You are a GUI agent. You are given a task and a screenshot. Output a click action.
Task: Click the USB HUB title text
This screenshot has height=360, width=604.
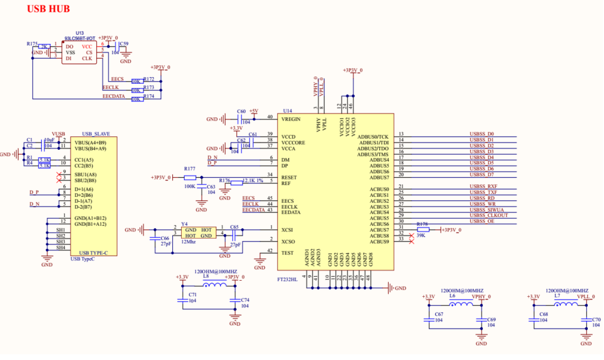[48, 9]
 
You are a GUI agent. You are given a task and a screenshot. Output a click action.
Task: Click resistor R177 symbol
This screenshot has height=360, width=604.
[190, 177]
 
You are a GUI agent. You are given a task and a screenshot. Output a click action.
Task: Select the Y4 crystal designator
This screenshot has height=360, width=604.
[184, 224]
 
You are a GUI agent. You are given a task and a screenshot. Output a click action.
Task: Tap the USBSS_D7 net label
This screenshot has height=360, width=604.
[482, 175]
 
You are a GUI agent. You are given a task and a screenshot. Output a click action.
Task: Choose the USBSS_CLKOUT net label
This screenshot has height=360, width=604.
[488, 216]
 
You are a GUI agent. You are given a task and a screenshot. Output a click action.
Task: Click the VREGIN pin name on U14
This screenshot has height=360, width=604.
[291, 119]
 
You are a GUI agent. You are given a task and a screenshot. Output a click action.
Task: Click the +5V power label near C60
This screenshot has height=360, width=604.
[253, 111]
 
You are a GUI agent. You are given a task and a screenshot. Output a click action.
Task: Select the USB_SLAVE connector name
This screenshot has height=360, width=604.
[96, 134]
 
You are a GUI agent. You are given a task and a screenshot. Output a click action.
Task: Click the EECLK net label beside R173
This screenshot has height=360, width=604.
[111, 88]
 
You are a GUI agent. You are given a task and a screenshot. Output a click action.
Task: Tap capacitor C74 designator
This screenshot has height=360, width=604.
[244, 300]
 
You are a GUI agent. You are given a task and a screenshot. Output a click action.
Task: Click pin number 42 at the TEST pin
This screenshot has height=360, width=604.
[270, 250]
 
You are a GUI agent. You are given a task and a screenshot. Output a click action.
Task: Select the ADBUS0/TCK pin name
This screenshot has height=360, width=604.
[373, 136]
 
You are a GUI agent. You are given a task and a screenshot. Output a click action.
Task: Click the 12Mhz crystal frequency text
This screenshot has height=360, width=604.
[189, 242]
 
